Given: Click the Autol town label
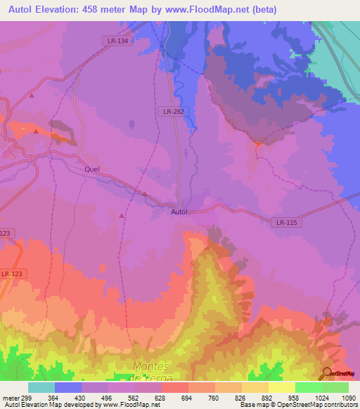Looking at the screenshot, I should pyautogui.click(x=181, y=211).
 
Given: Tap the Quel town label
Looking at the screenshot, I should pyautogui.click(x=92, y=169).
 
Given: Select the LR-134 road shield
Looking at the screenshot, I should pyautogui.click(x=117, y=41).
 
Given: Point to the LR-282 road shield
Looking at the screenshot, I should pyautogui.click(x=173, y=111).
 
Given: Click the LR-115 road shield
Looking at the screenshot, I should pyautogui.click(x=285, y=223).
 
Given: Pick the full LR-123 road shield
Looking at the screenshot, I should pyautogui.click(x=11, y=273).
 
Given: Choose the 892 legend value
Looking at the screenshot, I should pyautogui.click(x=258, y=397).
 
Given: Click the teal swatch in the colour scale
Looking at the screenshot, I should pyautogui.click(x=41, y=387).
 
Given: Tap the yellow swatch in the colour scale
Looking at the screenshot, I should pyautogui.click(x=282, y=387).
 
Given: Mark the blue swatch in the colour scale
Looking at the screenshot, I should pyautogui.click(x=68, y=387).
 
